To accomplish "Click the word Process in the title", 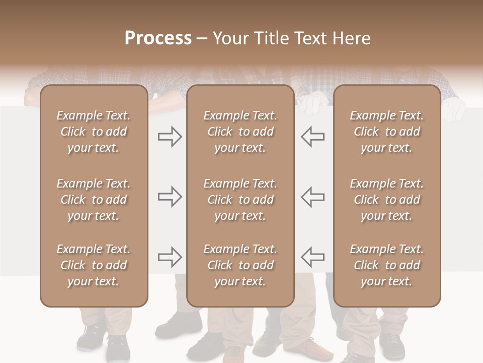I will [158, 38].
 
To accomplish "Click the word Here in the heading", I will [351, 38].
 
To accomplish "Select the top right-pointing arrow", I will [170, 137].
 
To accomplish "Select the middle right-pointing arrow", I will [170, 197].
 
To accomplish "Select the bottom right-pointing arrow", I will [170, 257].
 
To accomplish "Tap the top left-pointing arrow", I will [312, 137].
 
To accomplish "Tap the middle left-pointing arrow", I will [312, 197].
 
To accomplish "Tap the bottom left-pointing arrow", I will [312, 257].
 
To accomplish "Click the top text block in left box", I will [94, 132].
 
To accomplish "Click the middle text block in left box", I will [94, 200].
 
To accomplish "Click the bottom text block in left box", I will [94, 265].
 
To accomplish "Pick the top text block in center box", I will [240, 132].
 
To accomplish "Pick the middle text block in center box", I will [240, 200].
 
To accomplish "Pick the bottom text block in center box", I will [240, 265].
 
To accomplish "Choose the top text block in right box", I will [386, 132].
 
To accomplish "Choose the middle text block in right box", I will [386, 200].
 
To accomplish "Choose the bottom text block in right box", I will [386, 265].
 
